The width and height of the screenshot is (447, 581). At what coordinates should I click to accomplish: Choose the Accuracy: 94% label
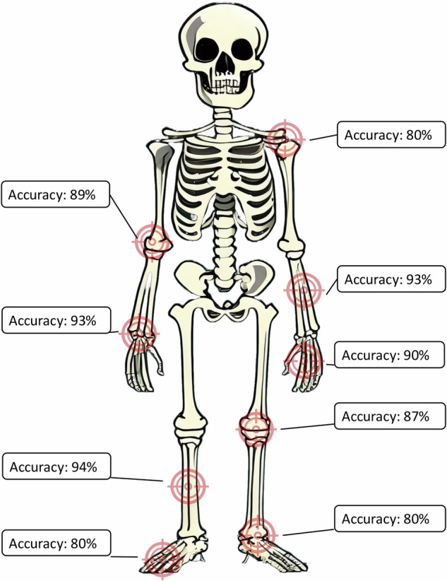[56, 466]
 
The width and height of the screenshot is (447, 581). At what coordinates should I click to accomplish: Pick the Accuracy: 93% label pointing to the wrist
[56, 320]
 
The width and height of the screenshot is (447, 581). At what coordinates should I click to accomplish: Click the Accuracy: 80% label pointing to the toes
[56, 544]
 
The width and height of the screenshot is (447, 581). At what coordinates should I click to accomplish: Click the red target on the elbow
[151, 241]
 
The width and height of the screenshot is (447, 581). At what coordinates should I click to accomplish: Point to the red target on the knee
[256, 427]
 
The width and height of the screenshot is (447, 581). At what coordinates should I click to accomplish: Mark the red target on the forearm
[304, 289]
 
